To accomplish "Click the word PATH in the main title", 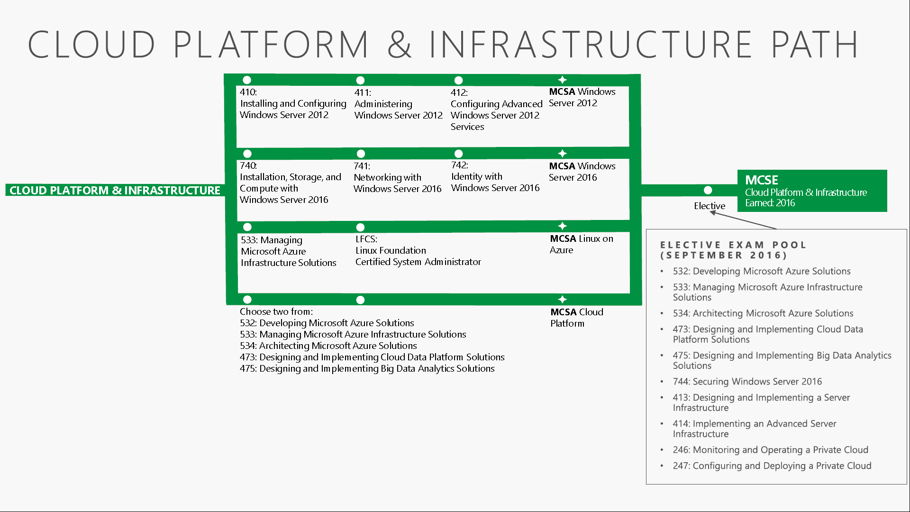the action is point(815,44).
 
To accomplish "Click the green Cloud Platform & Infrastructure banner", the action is point(115,190).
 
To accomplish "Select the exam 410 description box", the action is point(293,103).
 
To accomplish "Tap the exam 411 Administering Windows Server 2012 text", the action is point(398,104).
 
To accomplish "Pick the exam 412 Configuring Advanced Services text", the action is point(496,110).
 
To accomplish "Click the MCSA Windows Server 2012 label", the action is point(582,97).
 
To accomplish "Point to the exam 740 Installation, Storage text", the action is point(290,183).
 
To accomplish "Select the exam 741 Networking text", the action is point(397,177).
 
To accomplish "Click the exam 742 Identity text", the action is point(495,176).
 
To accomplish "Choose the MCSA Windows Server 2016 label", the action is point(582,172).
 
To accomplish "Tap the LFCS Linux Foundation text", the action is point(418,250).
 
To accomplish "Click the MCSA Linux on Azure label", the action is point(581,244).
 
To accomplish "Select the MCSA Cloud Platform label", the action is point(576,318).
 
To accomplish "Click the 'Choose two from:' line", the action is point(276,311).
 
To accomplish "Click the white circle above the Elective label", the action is point(708,190).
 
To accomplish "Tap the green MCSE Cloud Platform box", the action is point(812,191).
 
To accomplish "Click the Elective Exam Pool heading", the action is point(733,250).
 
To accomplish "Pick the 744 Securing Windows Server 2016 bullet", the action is point(747,382).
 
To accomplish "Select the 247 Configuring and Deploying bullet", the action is point(772,466).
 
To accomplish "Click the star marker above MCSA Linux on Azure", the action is point(562,226).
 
